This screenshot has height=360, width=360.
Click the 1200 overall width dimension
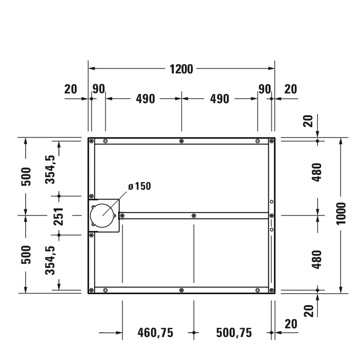(181, 69)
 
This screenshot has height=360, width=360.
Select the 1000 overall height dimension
(341, 215)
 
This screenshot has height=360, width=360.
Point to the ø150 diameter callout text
(139, 187)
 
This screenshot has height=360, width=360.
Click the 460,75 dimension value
(155, 333)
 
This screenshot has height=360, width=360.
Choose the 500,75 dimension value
(234, 333)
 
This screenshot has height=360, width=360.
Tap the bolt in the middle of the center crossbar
(193, 216)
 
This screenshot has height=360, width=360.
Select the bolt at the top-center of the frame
(181, 141)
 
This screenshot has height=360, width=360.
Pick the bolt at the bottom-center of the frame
(181, 290)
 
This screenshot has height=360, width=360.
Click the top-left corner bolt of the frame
(92, 141)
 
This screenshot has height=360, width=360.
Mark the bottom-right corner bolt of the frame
(271, 290)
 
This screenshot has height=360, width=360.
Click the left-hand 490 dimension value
(146, 99)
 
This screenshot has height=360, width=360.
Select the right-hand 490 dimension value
(220, 99)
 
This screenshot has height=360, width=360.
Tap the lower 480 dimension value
(317, 259)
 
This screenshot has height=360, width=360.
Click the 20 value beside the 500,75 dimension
(291, 324)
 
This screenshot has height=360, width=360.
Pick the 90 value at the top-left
(99, 89)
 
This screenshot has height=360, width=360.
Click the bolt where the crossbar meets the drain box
(122, 216)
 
